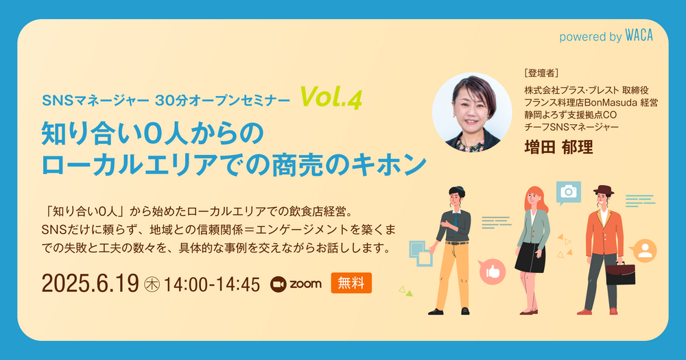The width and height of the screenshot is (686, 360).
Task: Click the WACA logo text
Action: point(639,36)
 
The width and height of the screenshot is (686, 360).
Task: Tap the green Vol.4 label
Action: point(331,97)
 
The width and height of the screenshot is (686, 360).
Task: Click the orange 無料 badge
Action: point(351,283)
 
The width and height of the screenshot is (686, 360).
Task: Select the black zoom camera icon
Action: point(278,285)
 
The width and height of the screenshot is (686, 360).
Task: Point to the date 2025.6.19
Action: point(90,283)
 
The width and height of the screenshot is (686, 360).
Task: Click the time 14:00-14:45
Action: point(212,285)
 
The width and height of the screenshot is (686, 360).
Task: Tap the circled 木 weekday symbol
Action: point(152,285)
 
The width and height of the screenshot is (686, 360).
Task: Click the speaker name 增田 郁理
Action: point(558,147)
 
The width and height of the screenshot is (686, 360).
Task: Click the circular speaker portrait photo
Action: point(472,112)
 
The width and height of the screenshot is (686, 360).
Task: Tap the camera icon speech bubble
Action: point(568,193)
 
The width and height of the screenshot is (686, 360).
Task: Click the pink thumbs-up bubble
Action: point(492,272)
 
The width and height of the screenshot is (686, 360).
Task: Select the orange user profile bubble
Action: point(644,251)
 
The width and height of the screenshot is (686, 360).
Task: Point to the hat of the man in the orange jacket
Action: point(604,190)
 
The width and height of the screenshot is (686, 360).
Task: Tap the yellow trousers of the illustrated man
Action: point(453,276)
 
